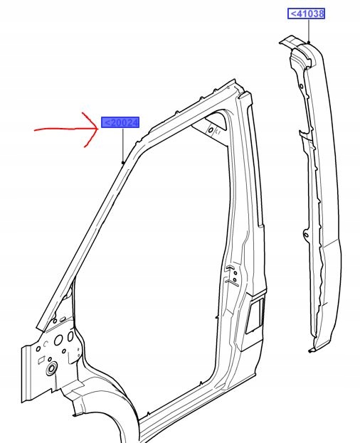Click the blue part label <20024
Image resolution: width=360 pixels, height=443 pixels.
coord(120,122)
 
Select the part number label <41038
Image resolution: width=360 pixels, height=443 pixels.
coord(307,14)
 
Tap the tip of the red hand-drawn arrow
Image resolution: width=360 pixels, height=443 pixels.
coord(98,128)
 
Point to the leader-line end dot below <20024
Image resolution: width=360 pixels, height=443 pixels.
coord(123,162)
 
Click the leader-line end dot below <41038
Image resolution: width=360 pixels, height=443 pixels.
coord(309,43)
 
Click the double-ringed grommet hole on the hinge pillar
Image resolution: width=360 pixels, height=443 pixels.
coord(52,368)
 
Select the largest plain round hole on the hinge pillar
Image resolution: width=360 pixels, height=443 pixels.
coord(58,340)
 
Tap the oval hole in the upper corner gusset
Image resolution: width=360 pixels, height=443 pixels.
coord(211,130)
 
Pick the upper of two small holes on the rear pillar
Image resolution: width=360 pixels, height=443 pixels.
coord(235,273)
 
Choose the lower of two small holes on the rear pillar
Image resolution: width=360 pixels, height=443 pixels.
coord(234,279)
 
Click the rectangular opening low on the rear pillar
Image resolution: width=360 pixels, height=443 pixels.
coord(255,316)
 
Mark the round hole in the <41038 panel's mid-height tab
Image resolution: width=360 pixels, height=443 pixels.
coord(307,235)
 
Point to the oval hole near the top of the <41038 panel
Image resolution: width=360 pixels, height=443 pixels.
coord(301,86)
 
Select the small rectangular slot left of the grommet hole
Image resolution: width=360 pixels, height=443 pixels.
coord(41,360)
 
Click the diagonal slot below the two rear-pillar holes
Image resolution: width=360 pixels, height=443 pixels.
coord(231,282)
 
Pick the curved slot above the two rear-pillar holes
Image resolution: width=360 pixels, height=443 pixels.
coord(230,267)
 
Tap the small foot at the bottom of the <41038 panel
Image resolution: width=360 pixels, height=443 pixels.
coord(312,351)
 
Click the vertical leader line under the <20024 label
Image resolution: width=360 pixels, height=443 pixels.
coord(123,144)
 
